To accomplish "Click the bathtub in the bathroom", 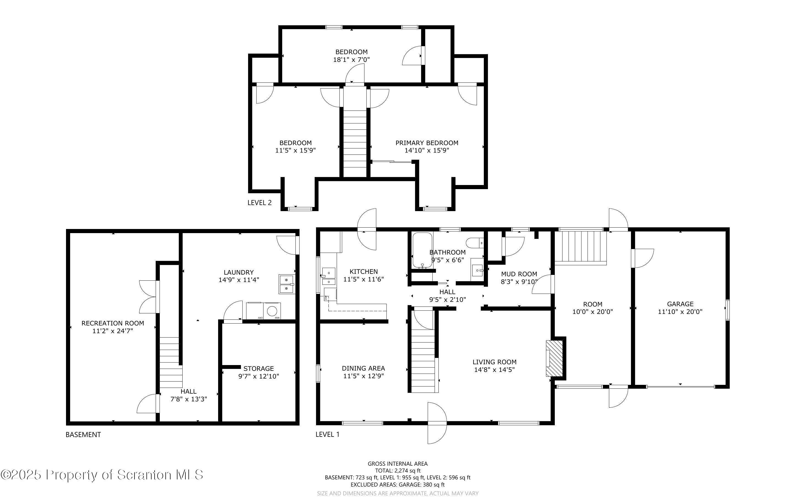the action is click(x=422, y=250).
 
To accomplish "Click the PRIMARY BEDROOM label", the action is click(x=427, y=143).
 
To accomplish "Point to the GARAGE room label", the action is click(x=680, y=304).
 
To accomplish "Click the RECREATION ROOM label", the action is click(x=113, y=323).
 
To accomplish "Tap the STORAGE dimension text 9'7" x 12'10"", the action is click(x=259, y=376).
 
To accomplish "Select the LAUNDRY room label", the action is click(x=239, y=272).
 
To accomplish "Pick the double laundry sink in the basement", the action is click(x=287, y=284).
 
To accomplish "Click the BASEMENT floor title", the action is click(x=83, y=435).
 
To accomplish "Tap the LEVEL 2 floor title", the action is click(x=260, y=203).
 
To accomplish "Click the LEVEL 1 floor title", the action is click(x=328, y=434).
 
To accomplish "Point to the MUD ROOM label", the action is click(x=519, y=274).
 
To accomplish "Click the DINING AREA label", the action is click(x=363, y=368).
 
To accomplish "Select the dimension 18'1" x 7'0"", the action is click(x=352, y=59).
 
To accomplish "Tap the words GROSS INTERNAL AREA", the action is click(x=397, y=464).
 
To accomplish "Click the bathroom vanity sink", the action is click(x=477, y=270).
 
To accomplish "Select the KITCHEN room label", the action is click(x=364, y=272).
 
